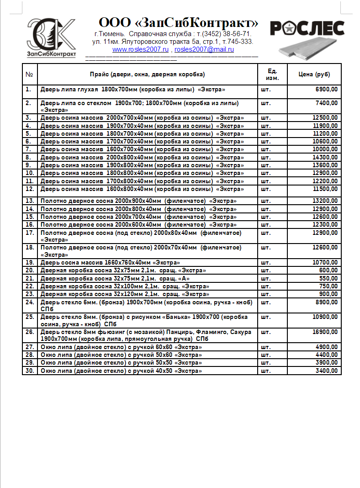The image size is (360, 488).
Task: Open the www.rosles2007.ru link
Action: tap(140, 49)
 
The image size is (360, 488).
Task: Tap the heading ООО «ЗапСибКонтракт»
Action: tap(179, 23)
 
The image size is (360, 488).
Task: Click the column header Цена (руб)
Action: tap(314, 74)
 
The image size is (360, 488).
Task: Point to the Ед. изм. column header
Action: tap(273, 74)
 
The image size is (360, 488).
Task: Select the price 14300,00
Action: tap(325, 157)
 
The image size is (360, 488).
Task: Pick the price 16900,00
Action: tap(325, 332)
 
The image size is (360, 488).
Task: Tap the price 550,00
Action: tap(329, 278)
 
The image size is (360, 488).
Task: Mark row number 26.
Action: tap(30, 332)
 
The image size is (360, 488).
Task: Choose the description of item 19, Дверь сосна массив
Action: tap(110, 263)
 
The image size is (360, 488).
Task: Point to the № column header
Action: tap(29, 74)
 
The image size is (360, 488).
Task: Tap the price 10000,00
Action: tap(325, 149)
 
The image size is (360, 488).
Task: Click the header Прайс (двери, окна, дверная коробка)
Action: tap(147, 74)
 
